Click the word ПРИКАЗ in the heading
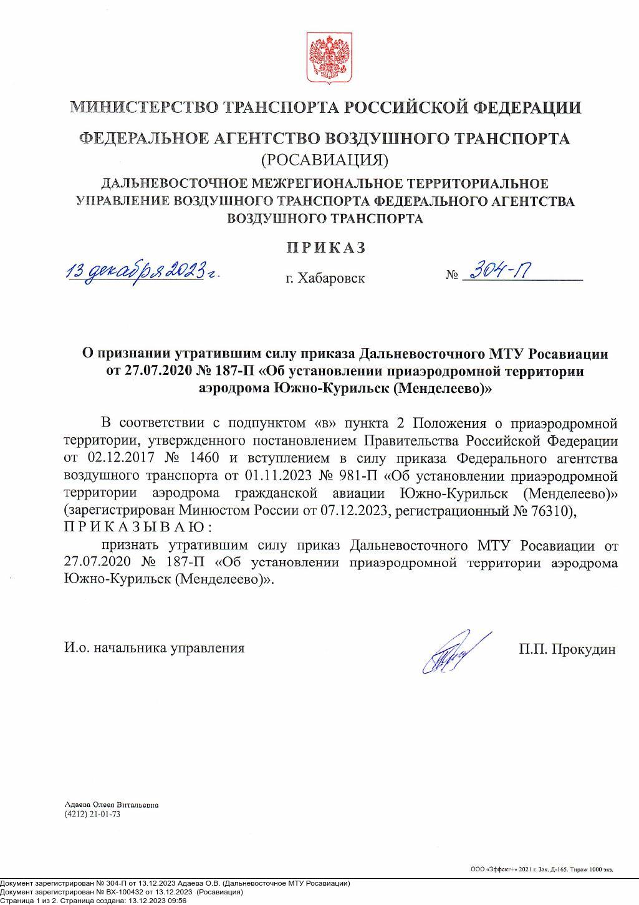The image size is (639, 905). point(326,248)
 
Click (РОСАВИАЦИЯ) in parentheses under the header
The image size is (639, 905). point(324,160)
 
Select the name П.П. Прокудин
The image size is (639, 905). point(567,649)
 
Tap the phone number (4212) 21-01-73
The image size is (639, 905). point(92,815)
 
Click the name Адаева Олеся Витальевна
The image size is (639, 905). point(112,805)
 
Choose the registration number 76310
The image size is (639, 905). point(552,511)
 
